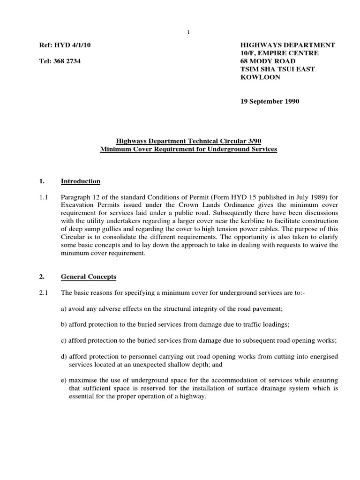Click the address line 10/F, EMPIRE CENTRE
pos(279,53)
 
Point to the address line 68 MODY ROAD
pos(268,61)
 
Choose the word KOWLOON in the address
pos(260,77)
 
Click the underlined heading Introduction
pos(80,181)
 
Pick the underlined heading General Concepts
pos(89,277)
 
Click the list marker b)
pos(65,324)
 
